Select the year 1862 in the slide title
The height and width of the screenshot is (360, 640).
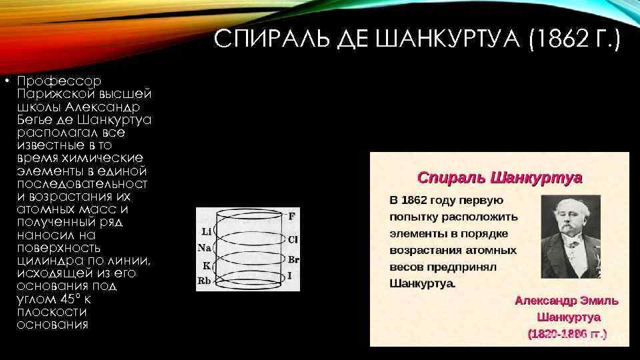pos(556,42)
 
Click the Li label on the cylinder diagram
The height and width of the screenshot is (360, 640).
pos(205,232)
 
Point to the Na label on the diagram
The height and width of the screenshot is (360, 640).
pos(205,248)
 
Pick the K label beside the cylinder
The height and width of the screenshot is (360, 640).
pos(206,265)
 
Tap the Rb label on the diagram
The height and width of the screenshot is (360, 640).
pos(204,281)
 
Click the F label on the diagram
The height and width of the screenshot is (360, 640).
pos(291,216)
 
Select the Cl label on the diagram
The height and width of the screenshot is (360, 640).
pos(293,239)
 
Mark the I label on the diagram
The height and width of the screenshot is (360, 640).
pos(289,275)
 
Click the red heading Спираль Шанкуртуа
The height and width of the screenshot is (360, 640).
pos(499,178)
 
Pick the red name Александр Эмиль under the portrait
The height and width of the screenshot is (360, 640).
pos(566,301)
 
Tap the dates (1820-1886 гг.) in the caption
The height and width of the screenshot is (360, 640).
pos(567,333)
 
